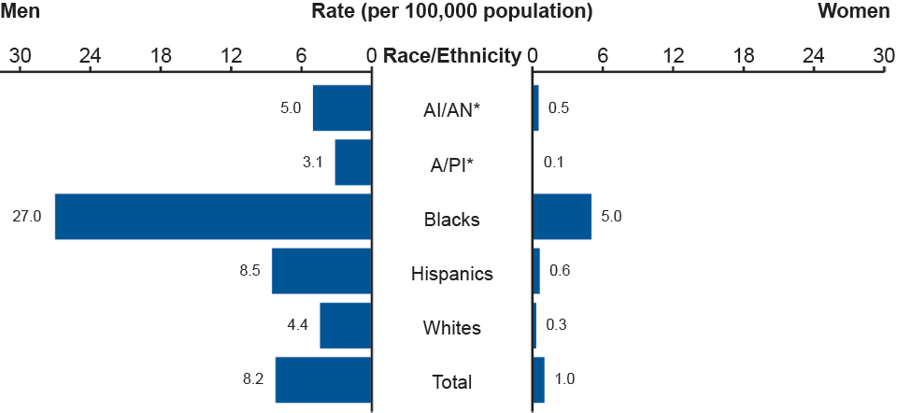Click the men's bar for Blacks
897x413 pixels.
(213, 217)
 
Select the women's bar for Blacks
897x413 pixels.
(562, 217)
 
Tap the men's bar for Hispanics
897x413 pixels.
(321, 271)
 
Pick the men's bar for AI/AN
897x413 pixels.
(342, 107)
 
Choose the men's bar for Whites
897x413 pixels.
(346, 326)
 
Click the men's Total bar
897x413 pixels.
(323, 380)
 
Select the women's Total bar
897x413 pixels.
(538, 380)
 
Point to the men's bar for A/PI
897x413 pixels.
(353, 163)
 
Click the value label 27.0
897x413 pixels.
(26, 217)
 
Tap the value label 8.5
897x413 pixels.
(249, 271)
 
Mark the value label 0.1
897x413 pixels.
(554, 163)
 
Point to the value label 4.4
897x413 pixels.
(298, 326)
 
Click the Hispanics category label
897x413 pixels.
(452, 275)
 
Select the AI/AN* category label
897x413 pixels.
(452, 111)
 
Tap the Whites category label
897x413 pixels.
(452, 329)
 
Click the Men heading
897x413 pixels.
(21, 11)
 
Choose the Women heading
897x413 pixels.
(854, 11)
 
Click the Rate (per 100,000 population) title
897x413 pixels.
(452, 12)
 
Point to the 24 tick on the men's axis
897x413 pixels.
(91, 56)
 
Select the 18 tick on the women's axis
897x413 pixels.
(744, 56)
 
